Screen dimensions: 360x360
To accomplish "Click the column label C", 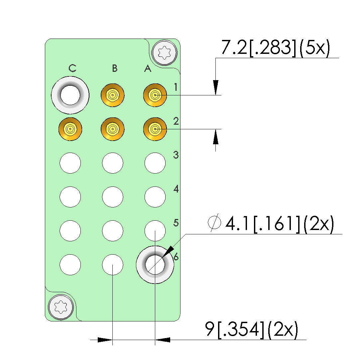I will click(72, 68).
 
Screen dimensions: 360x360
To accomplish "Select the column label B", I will click(115, 68).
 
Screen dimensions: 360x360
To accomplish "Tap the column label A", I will click(148, 69).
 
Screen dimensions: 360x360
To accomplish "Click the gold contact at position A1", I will click(155, 96).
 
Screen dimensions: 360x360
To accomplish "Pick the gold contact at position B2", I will click(113, 129).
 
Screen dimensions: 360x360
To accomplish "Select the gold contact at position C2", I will click(70, 129).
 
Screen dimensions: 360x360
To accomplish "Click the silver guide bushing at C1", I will click(70, 95).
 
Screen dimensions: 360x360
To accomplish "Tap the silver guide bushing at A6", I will click(155, 265).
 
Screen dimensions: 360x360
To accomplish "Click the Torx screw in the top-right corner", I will click(165, 52).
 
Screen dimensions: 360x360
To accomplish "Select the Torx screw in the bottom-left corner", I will click(60, 307).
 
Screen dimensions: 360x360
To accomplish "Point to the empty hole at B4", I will click(113, 197).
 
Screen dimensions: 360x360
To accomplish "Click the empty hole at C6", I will click(70, 265).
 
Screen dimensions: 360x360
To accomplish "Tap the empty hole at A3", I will click(155, 163).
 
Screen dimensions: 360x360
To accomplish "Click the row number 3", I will click(176, 155).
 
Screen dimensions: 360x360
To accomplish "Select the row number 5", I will click(176, 222).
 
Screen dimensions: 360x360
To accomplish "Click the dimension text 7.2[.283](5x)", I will click(276, 49).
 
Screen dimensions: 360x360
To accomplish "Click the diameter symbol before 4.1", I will click(214, 223).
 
